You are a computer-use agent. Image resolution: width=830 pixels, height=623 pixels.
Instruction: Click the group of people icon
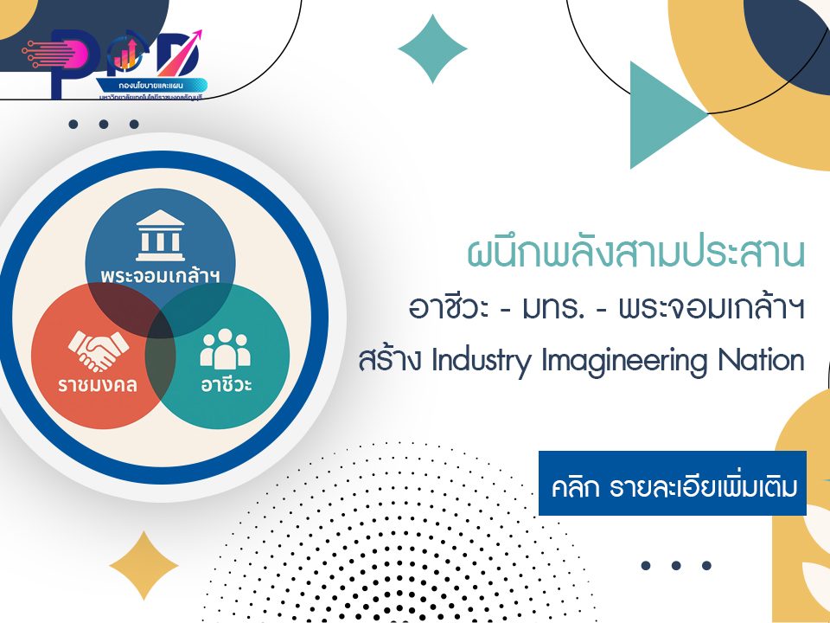coord(225,348)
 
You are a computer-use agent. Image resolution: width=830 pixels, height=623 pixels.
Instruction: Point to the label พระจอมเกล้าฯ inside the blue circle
coord(160,276)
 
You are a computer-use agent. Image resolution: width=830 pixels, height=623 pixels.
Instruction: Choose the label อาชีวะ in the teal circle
coord(227,383)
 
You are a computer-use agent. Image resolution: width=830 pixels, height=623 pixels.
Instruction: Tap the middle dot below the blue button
coord(676,566)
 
